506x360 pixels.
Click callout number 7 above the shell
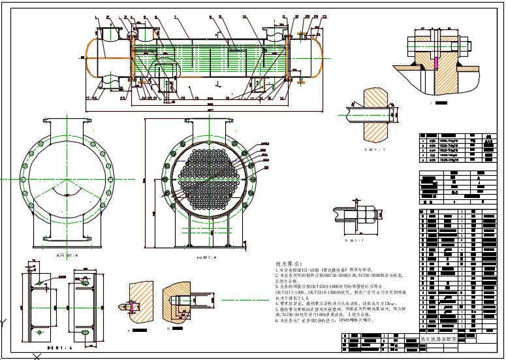click(x=175, y=15)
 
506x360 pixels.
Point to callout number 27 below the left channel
click(x=88, y=98)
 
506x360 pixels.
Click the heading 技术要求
click(x=289, y=263)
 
